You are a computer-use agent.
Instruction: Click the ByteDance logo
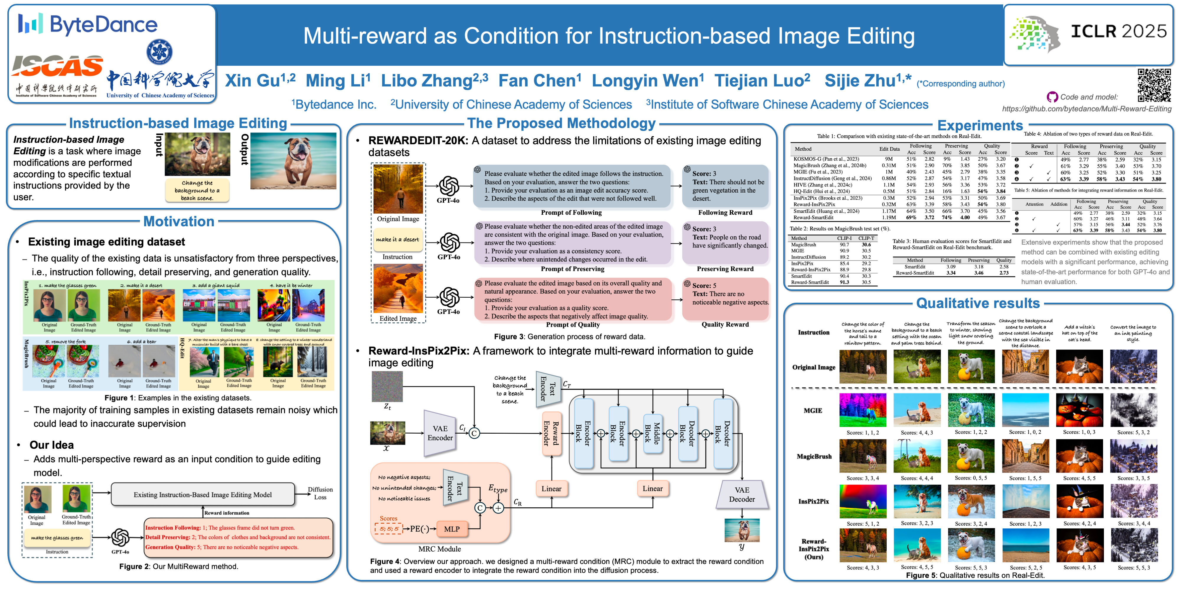click(x=87, y=24)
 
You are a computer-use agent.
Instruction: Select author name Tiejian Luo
click(x=762, y=81)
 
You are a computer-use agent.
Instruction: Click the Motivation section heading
click(x=179, y=222)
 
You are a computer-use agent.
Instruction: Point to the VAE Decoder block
click(x=742, y=495)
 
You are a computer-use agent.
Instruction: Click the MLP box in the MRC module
click(x=452, y=529)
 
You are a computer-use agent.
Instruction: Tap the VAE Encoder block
click(x=440, y=433)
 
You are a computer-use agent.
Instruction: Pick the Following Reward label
click(x=725, y=212)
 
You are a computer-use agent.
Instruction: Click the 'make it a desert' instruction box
click(x=397, y=240)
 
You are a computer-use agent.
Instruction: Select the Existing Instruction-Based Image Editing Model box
click(x=203, y=495)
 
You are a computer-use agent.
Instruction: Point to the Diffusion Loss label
click(x=320, y=493)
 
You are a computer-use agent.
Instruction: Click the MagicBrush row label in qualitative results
click(x=814, y=457)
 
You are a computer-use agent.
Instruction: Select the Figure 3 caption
click(x=570, y=337)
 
